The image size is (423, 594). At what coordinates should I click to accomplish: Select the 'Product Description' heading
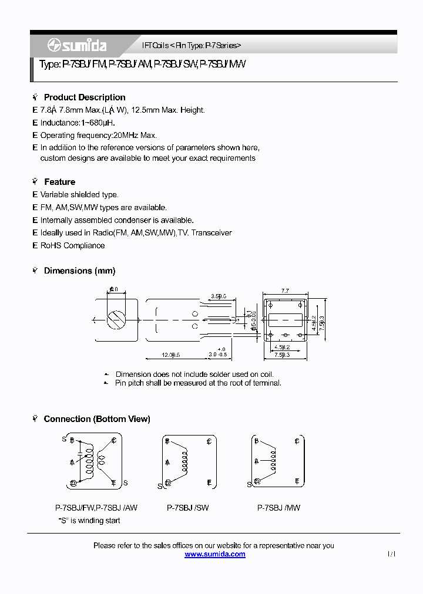point(85,97)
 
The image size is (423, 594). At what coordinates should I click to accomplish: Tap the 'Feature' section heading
point(59,182)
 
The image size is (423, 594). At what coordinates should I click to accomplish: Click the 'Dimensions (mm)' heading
point(79,271)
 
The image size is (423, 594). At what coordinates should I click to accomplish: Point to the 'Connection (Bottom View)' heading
point(97,419)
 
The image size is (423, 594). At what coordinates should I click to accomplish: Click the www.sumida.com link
point(214,554)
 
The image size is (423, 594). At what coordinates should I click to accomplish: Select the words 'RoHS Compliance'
point(72,245)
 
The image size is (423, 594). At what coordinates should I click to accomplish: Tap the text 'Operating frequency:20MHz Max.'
point(98,136)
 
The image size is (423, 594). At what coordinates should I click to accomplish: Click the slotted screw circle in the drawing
point(116,320)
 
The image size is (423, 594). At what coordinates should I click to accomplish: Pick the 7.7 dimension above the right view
point(285,291)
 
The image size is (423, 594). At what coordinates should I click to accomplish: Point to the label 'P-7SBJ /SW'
point(188,508)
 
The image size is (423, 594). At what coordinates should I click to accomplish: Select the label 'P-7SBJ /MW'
point(278,508)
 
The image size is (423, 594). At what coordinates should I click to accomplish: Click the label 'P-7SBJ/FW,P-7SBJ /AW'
point(96,508)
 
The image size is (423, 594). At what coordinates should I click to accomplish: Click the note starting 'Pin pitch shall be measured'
point(198,383)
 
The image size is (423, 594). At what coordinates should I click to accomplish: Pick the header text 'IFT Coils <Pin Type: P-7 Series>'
point(192,45)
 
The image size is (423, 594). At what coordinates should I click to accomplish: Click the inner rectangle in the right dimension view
point(285,320)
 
